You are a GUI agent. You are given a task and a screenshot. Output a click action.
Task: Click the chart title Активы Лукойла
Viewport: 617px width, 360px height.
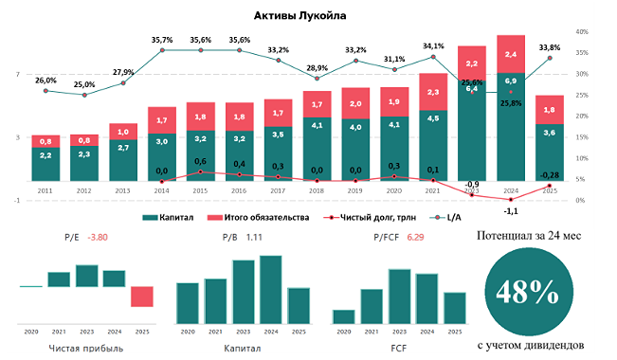pyautogui.click(x=299, y=15)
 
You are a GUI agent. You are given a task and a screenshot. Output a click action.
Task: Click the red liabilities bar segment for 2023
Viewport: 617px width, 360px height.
pyautogui.click(x=472, y=63)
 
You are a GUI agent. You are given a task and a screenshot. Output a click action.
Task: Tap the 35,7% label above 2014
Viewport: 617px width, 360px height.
pyautogui.click(x=162, y=40)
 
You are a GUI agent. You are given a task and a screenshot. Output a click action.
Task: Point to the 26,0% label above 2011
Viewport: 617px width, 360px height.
pyautogui.click(x=45, y=81)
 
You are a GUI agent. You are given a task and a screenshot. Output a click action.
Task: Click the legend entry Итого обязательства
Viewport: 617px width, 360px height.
pyautogui.click(x=259, y=217)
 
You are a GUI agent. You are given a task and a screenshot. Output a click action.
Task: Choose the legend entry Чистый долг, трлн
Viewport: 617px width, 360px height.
pyautogui.click(x=359, y=217)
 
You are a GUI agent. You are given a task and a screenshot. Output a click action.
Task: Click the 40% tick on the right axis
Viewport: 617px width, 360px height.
pyautogui.click(x=584, y=31)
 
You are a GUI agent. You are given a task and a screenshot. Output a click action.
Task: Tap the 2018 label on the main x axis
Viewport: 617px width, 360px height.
pyautogui.click(x=317, y=191)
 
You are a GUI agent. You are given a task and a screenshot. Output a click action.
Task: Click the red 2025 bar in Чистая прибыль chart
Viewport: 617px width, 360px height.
pyautogui.click(x=141, y=297)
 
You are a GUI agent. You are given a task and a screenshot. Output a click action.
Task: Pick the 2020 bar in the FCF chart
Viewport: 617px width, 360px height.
pyautogui.click(x=343, y=317)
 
